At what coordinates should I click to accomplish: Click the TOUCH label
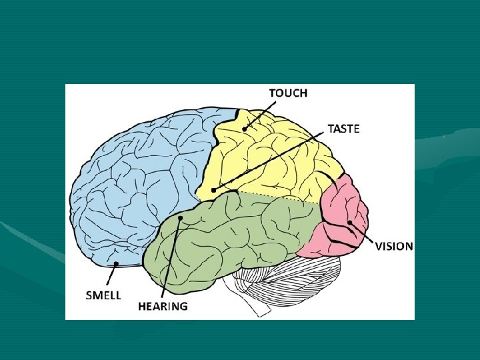(288, 93)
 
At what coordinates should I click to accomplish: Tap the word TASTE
(343, 129)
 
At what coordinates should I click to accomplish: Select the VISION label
(394, 246)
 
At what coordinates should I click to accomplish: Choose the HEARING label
(163, 307)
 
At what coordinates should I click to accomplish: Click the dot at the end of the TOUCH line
(245, 128)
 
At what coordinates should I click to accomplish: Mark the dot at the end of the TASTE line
(213, 190)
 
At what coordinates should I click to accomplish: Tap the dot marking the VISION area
(349, 223)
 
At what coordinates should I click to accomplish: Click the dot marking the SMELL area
(116, 265)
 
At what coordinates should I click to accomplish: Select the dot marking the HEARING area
(180, 218)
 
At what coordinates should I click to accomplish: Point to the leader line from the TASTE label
(267, 161)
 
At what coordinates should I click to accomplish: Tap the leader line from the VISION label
(362, 233)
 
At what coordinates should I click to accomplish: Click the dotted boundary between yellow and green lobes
(280, 197)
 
